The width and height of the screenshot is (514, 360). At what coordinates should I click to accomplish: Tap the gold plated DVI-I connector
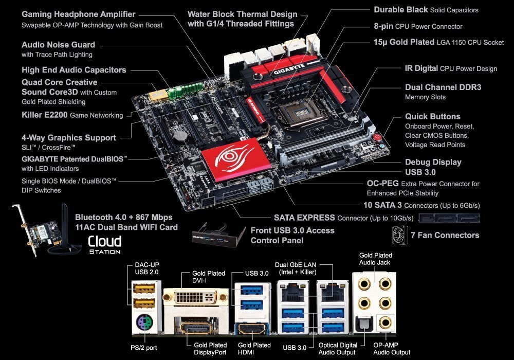pos(196,297)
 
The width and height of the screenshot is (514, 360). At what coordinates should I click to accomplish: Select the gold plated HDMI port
pos(252,328)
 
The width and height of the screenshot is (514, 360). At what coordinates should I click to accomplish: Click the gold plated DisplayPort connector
pos(196,328)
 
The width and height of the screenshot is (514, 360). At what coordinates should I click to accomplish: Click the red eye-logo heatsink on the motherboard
pos(236,159)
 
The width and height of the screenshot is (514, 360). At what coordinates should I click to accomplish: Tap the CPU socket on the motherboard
pos(297,113)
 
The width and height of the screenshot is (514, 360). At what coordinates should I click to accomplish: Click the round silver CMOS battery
pos(180,136)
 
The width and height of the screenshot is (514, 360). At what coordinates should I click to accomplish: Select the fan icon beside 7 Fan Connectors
pos(400,235)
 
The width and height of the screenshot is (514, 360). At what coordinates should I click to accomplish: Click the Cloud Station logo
pos(104,245)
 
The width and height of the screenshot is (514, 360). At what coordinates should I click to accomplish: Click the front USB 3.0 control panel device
pos(218,235)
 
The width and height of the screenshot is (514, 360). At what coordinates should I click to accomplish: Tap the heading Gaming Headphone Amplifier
pos(78,14)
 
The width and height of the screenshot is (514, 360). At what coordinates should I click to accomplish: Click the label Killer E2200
pos(45,115)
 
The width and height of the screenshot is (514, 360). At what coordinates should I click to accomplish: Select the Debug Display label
pos(433,162)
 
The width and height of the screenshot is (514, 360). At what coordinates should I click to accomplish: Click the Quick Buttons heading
pos(433,116)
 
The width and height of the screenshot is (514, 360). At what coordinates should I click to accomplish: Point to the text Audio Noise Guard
pos(59,45)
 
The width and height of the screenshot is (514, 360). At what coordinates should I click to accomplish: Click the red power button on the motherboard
pos(378,136)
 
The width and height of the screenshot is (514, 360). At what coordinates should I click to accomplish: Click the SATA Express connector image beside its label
pos(449,218)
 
